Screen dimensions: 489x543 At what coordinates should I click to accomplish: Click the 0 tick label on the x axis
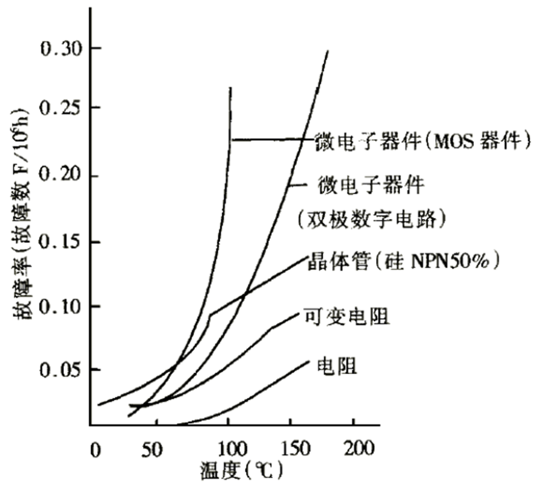tap(95, 449)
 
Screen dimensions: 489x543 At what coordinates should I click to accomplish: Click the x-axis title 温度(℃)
tap(241, 470)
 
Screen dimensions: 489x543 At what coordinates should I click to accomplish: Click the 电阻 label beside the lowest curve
tap(338, 365)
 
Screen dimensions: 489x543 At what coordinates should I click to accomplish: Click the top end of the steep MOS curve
tap(230, 89)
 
